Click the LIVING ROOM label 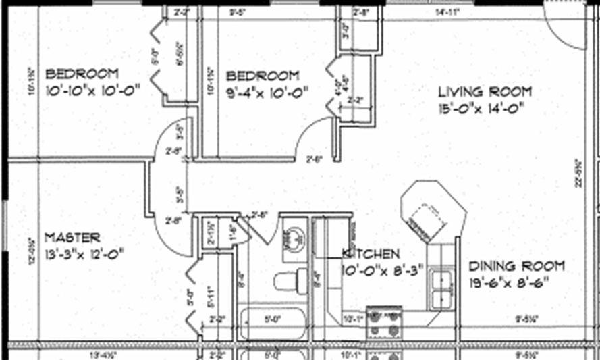(x=485, y=92)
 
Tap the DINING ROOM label (x=516, y=266)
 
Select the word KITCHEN (x=371, y=253)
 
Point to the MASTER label (x=72, y=238)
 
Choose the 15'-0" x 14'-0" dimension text (x=481, y=108)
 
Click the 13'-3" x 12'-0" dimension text (x=84, y=254)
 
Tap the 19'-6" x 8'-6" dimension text (x=508, y=282)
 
